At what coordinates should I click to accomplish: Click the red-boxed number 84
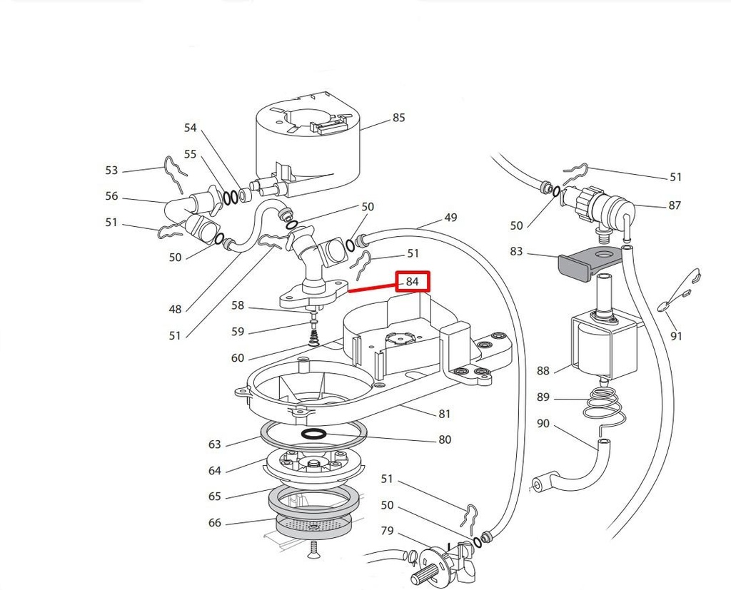coord(413,282)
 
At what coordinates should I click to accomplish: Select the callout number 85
coord(398,118)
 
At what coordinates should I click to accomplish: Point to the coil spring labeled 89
coord(602,405)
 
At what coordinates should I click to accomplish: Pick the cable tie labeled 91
coord(682,292)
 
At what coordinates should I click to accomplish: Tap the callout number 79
coord(387,530)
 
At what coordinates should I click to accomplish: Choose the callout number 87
coord(674,205)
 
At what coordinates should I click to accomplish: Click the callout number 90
coord(543,424)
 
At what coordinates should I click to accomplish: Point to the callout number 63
coord(215,444)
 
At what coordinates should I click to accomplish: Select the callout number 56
coord(111,196)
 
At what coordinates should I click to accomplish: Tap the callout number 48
coord(175,309)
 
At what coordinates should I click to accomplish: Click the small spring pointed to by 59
coord(313,332)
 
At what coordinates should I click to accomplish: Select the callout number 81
coord(445,414)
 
